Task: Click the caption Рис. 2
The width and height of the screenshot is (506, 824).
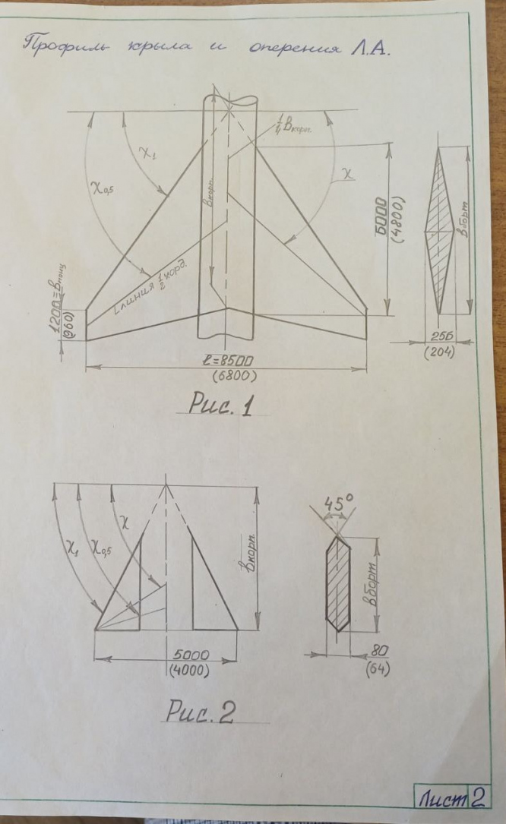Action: click(x=200, y=713)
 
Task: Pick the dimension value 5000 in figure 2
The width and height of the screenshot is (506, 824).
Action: click(x=187, y=655)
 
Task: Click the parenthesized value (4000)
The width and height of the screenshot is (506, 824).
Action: click(x=187, y=671)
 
